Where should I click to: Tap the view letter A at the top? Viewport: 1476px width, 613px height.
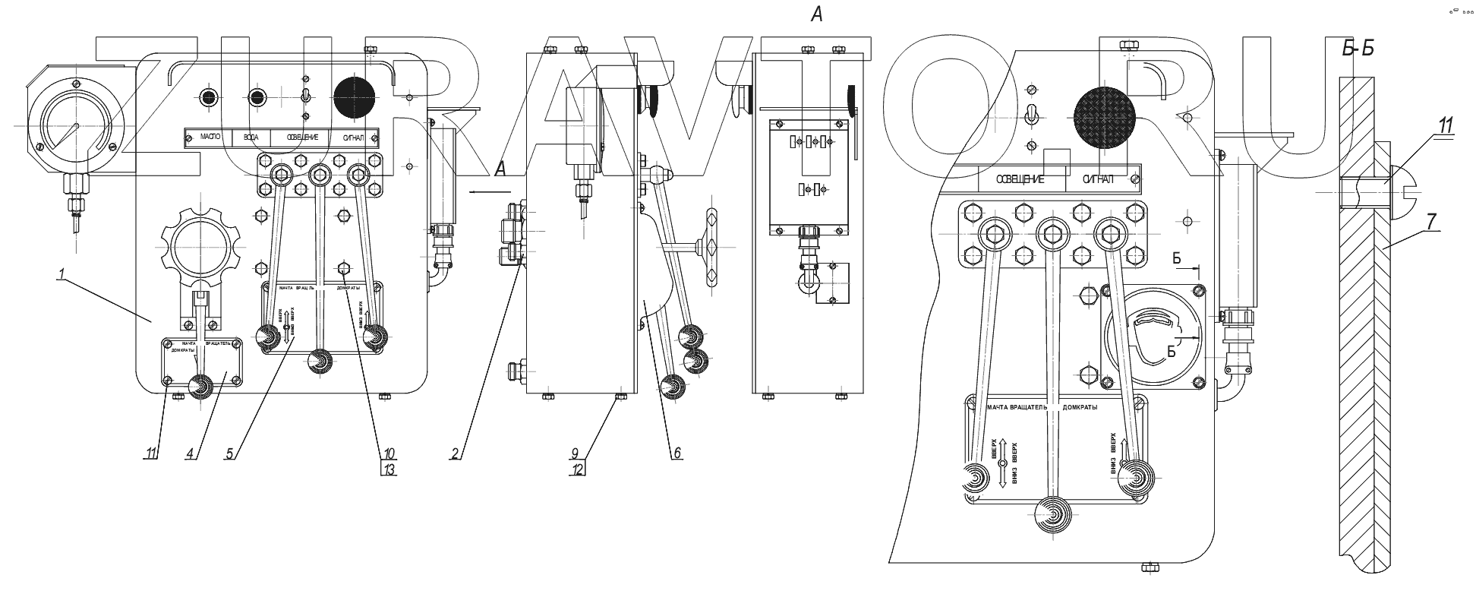[817, 14]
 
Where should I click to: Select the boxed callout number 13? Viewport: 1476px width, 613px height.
[388, 469]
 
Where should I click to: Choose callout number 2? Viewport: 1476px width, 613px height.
[454, 453]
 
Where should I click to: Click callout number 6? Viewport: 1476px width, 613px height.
[676, 453]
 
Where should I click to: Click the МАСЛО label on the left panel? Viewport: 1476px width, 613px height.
[210, 138]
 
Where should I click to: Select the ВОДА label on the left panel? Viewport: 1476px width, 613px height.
[250, 138]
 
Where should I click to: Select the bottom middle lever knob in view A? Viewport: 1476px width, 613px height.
[1055, 515]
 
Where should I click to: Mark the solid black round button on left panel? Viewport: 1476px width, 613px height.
[355, 98]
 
